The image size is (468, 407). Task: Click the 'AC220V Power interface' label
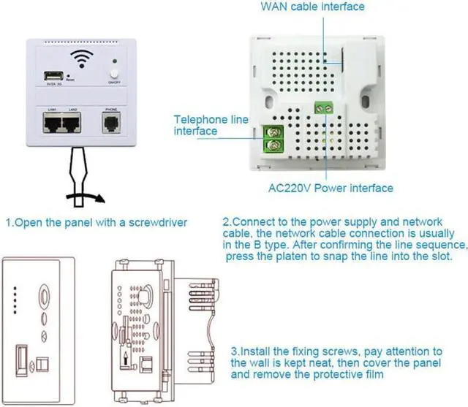pos(330,188)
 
